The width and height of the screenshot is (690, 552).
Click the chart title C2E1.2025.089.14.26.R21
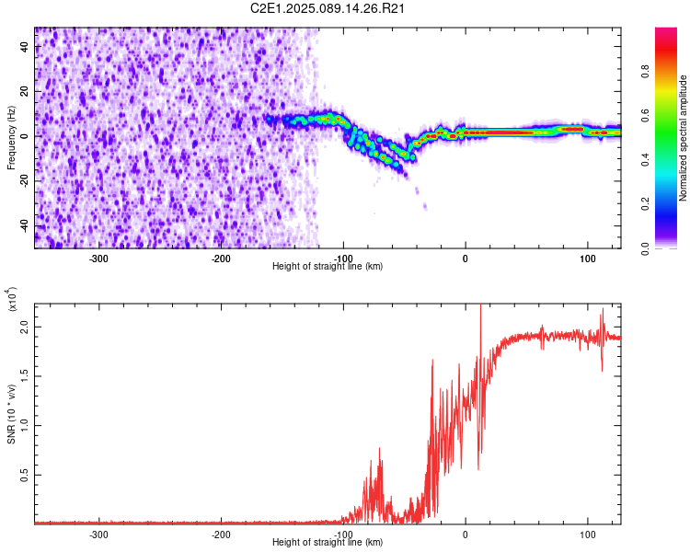coord(328,8)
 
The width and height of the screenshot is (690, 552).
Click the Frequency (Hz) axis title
coord(10,137)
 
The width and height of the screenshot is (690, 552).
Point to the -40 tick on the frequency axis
coord(23,226)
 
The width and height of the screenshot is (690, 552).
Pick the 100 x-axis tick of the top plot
coord(587,259)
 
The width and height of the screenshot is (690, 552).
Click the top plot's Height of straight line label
coord(328,267)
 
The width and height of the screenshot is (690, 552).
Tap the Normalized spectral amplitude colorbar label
coord(684,138)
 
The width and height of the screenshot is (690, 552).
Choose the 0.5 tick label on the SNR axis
coord(25,475)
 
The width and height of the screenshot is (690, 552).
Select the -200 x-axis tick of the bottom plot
coord(221,535)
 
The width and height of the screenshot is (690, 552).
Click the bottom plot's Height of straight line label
coord(328,543)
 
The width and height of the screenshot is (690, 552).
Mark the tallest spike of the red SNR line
coord(480,306)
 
